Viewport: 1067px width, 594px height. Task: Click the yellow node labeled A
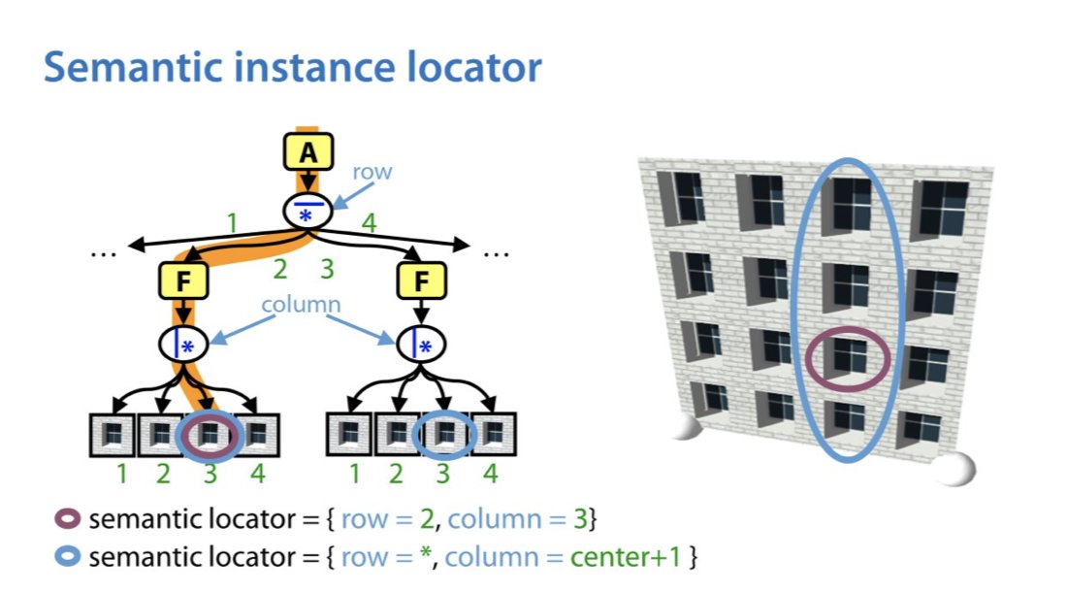307,152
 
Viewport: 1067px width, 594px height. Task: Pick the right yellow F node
421,284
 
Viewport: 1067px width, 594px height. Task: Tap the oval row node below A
307,211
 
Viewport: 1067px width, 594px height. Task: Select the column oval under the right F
421,343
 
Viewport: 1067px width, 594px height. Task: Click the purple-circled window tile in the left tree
210,436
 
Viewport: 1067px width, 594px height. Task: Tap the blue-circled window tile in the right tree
444,436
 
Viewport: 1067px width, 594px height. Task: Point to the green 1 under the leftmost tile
120,475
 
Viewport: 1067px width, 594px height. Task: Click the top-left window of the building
684,196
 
